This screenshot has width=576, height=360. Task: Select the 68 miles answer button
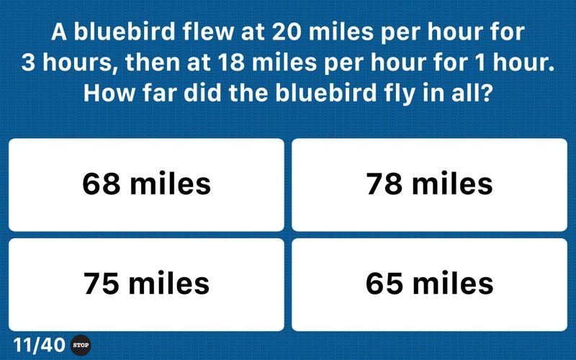(x=146, y=185)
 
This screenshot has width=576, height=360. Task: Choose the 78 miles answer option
(x=429, y=185)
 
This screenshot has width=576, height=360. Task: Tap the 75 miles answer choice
(x=146, y=284)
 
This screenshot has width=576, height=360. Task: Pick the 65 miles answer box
(x=429, y=284)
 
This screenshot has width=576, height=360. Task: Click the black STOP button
(x=81, y=346)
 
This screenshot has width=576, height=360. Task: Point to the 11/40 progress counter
(x=39, y=346)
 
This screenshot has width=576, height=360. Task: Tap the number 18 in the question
(x=230, y=62)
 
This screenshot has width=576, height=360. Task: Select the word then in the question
(x=153, y=62)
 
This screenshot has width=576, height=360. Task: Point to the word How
(x=109, y=93)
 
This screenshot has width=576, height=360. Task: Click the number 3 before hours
(x=28, y=62)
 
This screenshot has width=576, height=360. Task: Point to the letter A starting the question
(x=59, y=32)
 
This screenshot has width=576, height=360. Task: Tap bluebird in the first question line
(x=125, y=32)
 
